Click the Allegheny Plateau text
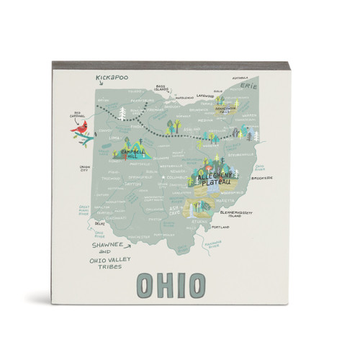[217, 176]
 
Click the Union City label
[87, 170]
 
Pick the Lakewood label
[206, 94]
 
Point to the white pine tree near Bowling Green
[122, 113]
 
